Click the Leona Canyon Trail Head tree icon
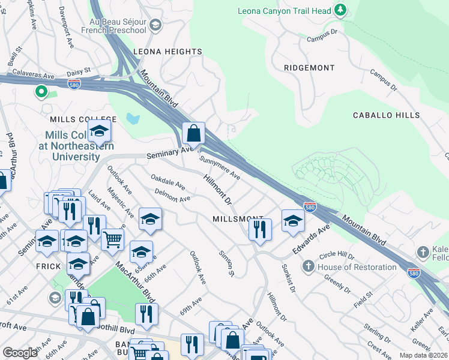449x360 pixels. point(340,10)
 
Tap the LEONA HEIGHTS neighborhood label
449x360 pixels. point(167,52)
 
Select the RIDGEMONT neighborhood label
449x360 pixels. point(310,68)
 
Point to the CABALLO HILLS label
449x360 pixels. point(386,115)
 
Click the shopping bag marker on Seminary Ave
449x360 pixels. point(194,133)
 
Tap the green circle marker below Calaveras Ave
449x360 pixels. point(41,92)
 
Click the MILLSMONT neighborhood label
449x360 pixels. point(238,219)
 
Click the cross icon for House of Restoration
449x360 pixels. point(308,265)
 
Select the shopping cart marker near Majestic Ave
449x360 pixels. point(112,239)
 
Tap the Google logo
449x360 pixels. point(20,353)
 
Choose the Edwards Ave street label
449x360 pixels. point(312,238)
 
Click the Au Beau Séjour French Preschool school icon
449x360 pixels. point(155,25)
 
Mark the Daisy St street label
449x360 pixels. point(79,72)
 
